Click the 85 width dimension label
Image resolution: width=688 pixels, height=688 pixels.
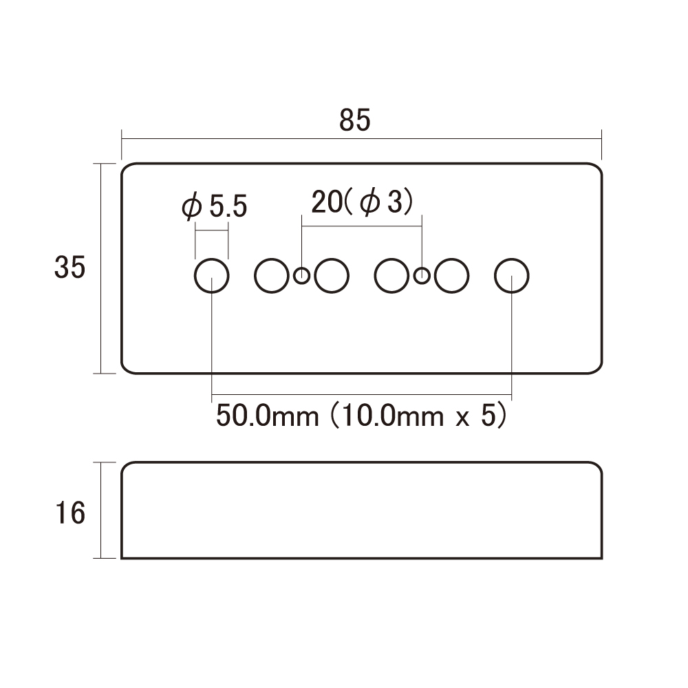354,120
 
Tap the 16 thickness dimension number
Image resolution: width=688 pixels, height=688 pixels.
69,513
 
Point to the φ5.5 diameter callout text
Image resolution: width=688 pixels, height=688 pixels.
215,206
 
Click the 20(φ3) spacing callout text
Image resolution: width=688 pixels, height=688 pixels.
363,203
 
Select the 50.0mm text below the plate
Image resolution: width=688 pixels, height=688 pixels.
268,416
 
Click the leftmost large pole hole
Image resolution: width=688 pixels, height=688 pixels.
211,276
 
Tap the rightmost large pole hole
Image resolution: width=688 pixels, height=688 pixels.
512,276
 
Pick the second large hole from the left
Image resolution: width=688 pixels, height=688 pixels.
272,276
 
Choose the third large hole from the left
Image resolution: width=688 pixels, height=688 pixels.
332,276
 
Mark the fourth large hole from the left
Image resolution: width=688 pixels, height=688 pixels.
392,276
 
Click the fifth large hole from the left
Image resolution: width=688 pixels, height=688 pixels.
451,276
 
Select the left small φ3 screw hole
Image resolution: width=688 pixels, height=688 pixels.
302,276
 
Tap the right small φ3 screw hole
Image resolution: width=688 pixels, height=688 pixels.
422,276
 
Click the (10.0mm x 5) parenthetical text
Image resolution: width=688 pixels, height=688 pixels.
418,416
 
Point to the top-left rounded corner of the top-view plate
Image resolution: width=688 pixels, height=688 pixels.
125,167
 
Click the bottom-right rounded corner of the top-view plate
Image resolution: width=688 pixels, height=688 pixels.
598,370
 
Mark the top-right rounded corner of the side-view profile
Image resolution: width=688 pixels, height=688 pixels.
599,466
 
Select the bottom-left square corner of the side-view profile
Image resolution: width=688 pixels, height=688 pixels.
122,558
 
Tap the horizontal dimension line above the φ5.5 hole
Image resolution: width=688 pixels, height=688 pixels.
211,230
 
